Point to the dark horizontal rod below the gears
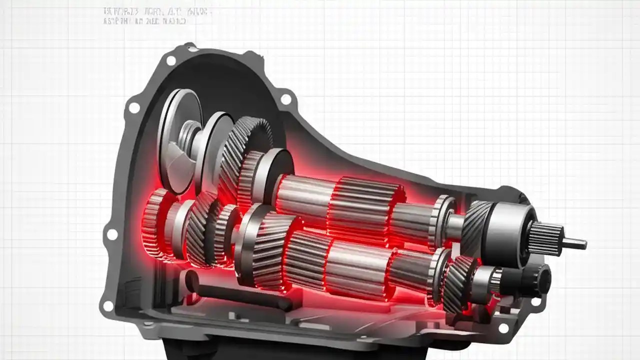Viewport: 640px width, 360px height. [x=240, y=295]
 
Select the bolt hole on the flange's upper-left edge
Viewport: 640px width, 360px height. [x=134, y=107]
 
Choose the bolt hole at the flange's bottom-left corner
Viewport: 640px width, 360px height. [x=107, y=305]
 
